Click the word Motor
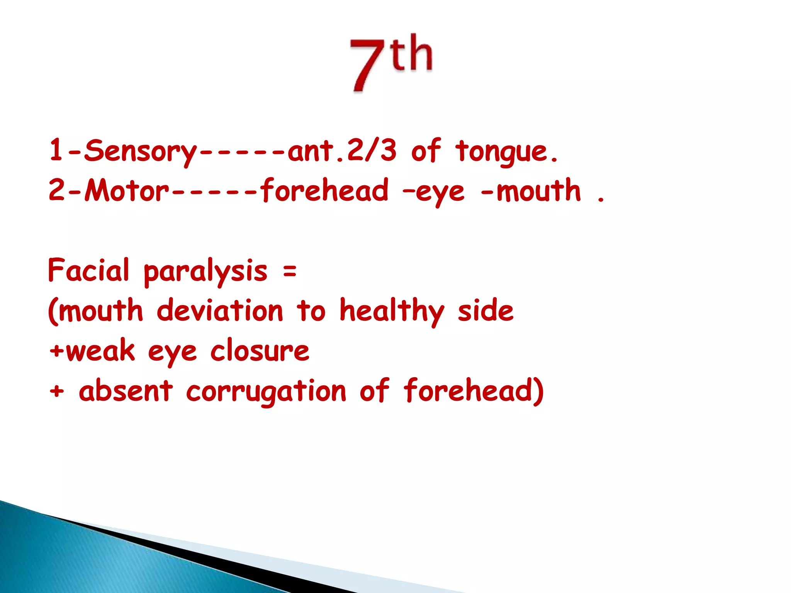(x=127, y=191)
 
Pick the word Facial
(x=88, y=270)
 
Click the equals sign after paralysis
(x=290, y=271)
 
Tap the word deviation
(x=220, y=311)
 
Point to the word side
(x=485, y=311)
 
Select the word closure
(x=260, y=351)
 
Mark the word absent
(x=126, y=391)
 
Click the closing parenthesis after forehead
(x=538, y=391)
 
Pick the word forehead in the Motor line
(x=324, y=191)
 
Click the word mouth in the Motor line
(x=538, y=191)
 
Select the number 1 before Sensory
(x=56, y=150)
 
